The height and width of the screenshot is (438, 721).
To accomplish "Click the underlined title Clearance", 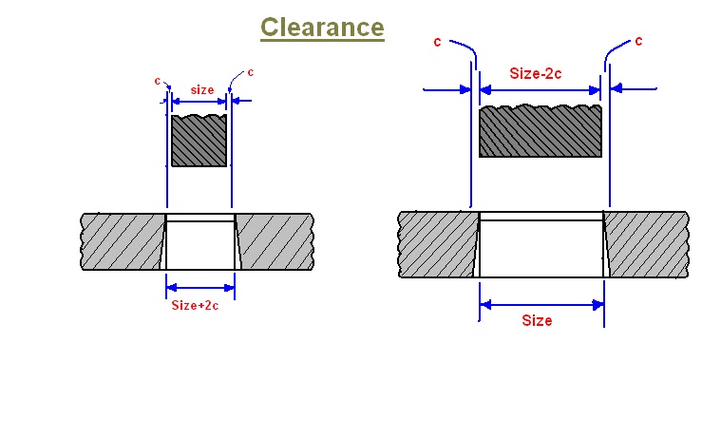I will click(322, 28).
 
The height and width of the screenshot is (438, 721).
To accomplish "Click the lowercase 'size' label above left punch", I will click(201, 89).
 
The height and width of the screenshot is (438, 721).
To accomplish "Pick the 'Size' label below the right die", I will click(537, 320).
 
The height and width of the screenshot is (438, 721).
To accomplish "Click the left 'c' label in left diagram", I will click(158, 80).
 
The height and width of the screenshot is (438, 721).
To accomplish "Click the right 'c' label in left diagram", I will click(250, 72).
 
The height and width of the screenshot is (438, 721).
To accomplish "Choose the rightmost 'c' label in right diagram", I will click(638, 41).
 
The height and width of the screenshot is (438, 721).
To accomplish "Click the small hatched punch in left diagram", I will click(199, 141).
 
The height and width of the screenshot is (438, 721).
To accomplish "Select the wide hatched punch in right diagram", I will click(540, 131).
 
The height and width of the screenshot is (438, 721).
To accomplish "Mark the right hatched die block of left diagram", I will click(274, 241).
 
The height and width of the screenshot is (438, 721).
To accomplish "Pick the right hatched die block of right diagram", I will click(645, 244).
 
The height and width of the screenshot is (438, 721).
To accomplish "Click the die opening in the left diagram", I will click(199, 244).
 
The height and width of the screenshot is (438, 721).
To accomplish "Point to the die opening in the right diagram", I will click(541, 247).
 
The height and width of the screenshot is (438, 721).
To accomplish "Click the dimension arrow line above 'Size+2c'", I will click(200, 286).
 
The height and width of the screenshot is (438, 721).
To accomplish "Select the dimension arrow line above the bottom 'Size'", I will click(541, 304).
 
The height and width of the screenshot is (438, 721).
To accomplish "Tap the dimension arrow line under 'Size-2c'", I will click(540, 90).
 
